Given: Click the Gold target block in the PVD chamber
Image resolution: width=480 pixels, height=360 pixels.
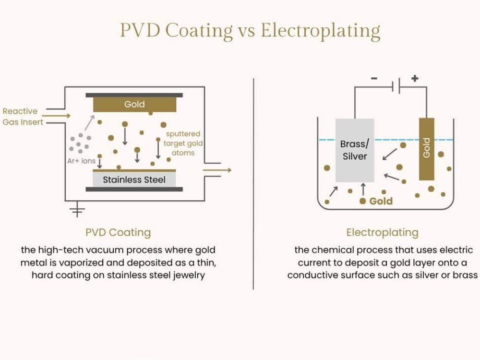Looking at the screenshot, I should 134,104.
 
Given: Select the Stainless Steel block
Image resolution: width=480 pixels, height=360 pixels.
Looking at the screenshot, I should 134,180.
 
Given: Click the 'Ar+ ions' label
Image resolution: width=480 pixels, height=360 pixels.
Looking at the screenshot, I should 81,161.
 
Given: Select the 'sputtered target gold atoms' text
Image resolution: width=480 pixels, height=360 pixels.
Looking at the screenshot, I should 182,143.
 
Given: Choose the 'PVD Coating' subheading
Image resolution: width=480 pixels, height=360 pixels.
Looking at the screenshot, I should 118,233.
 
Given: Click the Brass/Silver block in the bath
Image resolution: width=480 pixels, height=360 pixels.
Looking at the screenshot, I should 354,150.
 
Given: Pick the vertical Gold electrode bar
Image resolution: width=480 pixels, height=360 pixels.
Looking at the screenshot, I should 426,149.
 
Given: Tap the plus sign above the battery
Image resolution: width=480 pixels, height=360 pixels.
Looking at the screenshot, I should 415,78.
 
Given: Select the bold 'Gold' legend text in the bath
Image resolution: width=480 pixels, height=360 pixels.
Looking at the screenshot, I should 381,201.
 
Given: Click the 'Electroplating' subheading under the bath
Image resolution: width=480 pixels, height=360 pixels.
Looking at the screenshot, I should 382,233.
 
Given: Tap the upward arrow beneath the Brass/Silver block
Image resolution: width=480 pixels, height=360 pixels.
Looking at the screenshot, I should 362,188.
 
